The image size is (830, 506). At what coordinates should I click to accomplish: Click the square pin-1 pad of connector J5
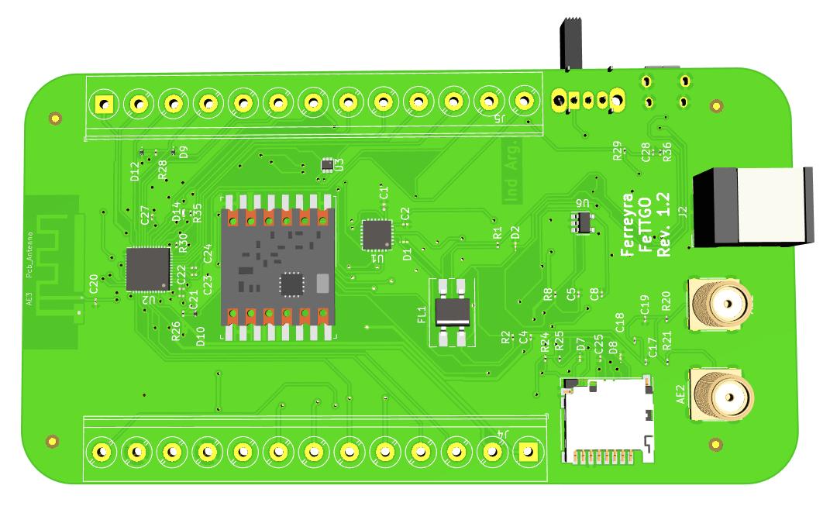point(102,102)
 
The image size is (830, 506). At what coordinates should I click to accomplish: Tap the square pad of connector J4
point(528,450)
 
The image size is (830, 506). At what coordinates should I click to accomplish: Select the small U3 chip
point(328,164)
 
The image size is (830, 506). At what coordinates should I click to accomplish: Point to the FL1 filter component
point(453,312)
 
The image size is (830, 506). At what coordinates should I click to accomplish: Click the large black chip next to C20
point(147,269)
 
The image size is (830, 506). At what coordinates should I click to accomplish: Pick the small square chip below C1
point(377,235)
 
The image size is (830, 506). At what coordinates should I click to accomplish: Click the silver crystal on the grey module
point(323,283)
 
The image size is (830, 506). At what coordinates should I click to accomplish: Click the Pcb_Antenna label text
point(30,254)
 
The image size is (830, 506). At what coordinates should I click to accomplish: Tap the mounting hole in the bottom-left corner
point(52,442)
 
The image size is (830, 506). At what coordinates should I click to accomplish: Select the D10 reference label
point(201,336)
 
